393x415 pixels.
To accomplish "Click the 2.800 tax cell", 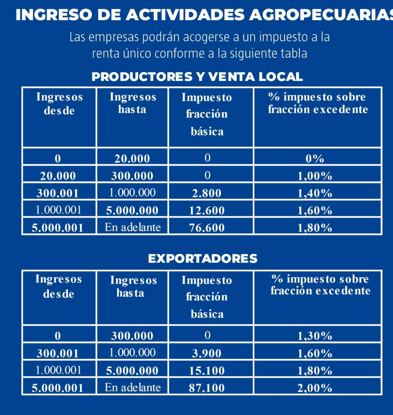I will [x=207, y=193].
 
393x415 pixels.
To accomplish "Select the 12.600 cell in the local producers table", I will [x=207, y=211].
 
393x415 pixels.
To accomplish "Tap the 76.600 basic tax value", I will [x=207, y=228].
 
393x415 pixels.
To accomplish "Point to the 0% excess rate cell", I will [x=315, y=159].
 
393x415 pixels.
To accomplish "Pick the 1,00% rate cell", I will [x=315, y=176].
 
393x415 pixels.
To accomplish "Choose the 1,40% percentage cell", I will [x=315, y=193].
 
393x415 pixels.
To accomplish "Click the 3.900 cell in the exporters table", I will [x=207, y=353].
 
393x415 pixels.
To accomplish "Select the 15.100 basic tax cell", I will [x=207, y=371].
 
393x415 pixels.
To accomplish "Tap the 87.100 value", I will [x=207, y=388].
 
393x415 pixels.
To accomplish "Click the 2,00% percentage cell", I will [x=315, y=388].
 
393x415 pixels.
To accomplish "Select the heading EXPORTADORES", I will [x=202, y=259].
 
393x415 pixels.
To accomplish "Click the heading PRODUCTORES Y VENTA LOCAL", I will [x=197, y=77].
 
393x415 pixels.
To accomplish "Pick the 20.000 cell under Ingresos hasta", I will [x=132, y=159].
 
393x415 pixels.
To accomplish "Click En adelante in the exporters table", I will [x=132, y=387].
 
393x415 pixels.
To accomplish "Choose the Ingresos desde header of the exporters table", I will [x=59, y=287].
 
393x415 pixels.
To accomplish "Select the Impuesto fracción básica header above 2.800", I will [x=207, y=114].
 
